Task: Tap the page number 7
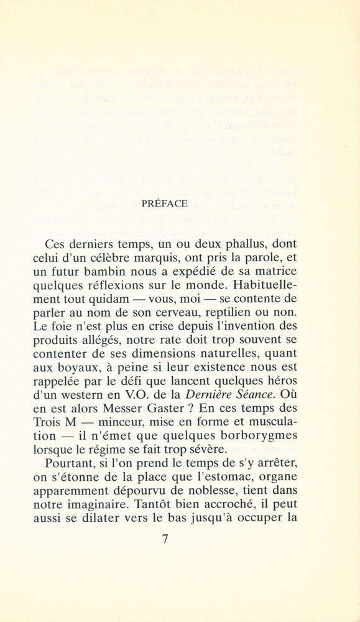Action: click(165, 539)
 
